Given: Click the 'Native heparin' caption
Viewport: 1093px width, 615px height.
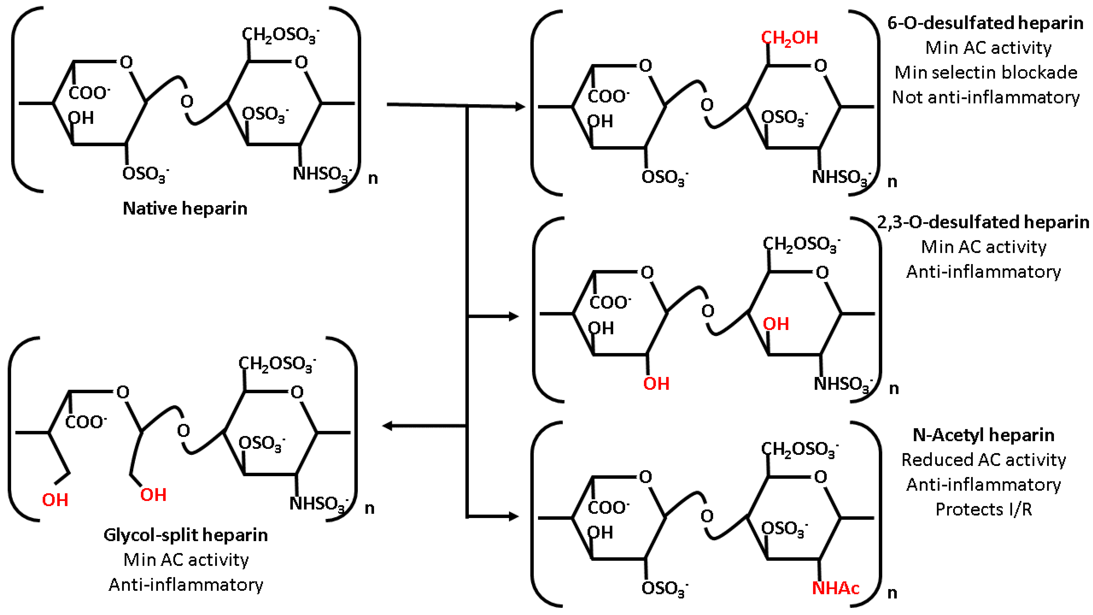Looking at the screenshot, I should (x=185, y=208).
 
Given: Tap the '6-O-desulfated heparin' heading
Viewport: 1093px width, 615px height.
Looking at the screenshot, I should (x=985, y=23).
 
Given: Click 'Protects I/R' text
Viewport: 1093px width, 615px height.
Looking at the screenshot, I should (x=984, y=509).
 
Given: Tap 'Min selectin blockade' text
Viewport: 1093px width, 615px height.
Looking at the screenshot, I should (x=986, y=73).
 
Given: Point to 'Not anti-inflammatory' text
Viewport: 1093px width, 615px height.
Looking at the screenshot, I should (x=986, y=97).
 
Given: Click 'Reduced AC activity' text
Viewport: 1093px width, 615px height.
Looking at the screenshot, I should (x=984, y=460).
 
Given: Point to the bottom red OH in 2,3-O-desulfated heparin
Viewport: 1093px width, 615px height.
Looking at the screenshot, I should (x=656, y=384).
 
